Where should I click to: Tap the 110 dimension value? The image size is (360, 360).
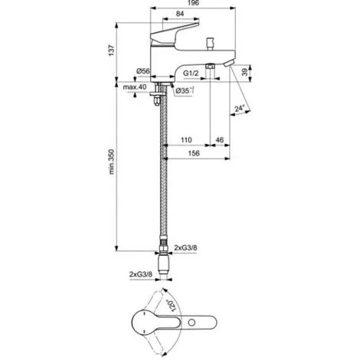(186, 141)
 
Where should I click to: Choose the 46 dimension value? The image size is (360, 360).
(219, 141)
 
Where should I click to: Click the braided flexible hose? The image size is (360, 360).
(162, 176)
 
